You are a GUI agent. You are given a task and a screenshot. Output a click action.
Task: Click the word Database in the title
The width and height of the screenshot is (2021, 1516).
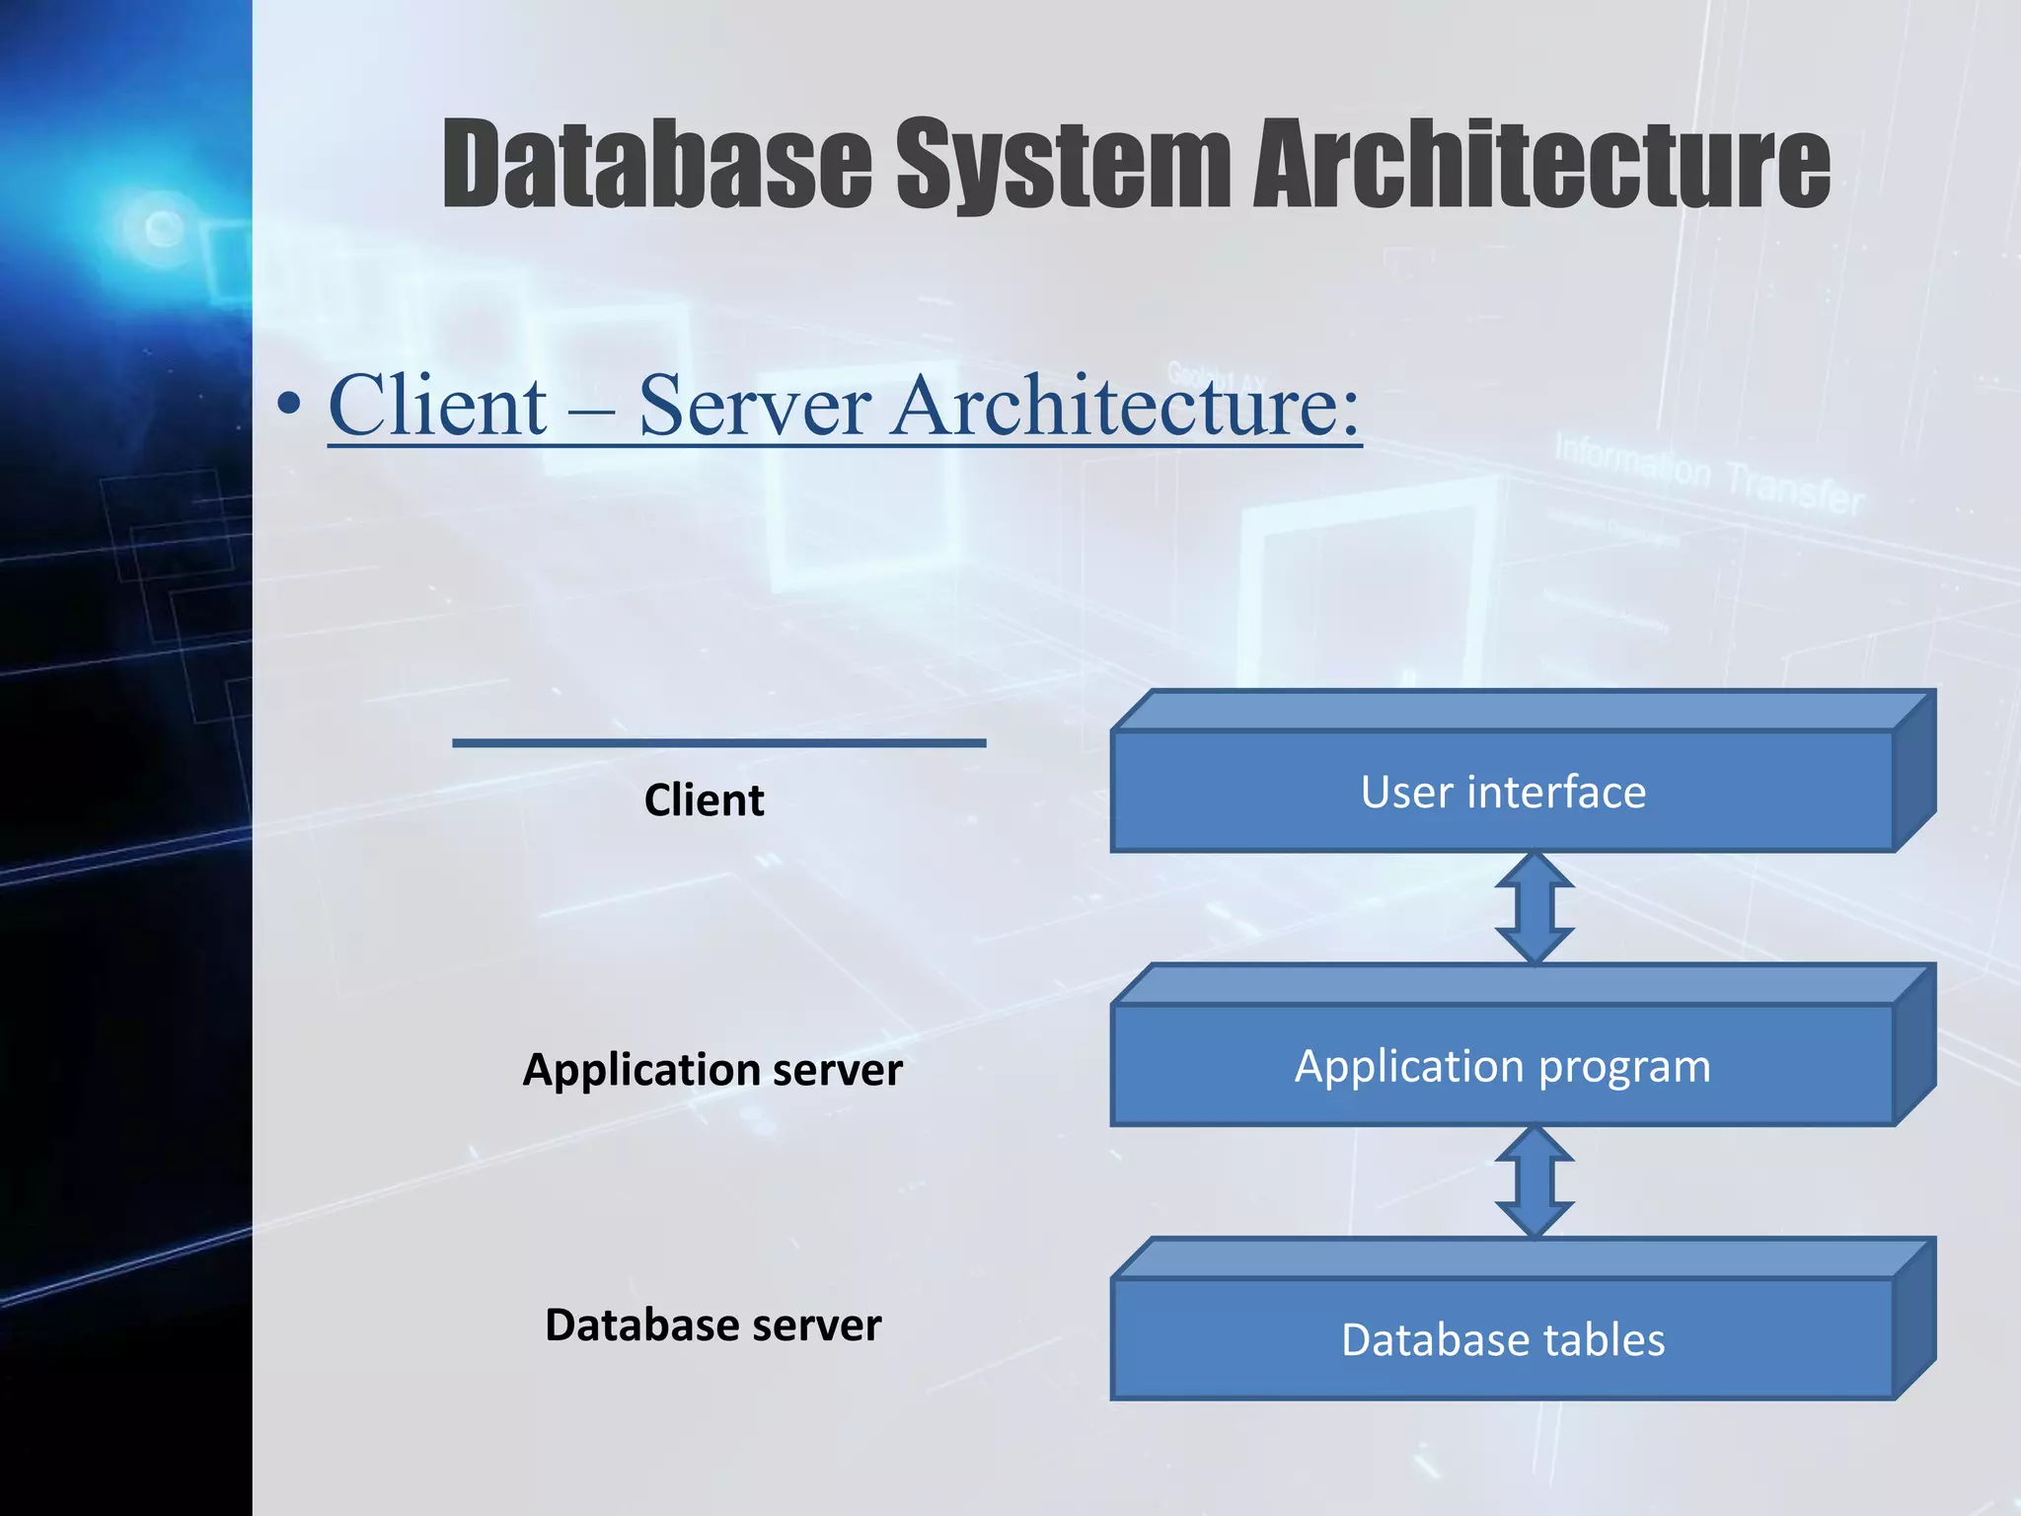[656, 164]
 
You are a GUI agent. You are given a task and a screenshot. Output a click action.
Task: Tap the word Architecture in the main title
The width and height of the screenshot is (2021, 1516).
[1541, 164]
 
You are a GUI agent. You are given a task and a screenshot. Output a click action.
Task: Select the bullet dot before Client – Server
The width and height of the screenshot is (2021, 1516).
[289, 405]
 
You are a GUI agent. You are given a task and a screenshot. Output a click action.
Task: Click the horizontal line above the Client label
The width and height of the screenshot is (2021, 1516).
[718, 742]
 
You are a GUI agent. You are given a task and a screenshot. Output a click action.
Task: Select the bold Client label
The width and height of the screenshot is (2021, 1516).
[704, 799]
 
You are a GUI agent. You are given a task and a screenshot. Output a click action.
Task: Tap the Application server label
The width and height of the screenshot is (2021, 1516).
[711, 1070]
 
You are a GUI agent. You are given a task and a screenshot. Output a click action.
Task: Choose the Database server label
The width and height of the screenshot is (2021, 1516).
[712, 1325]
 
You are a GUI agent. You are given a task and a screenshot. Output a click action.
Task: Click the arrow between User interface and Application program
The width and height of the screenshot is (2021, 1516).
[1534, 908]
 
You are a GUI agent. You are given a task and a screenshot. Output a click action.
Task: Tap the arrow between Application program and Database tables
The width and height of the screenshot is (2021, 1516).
[1534, 1181]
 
